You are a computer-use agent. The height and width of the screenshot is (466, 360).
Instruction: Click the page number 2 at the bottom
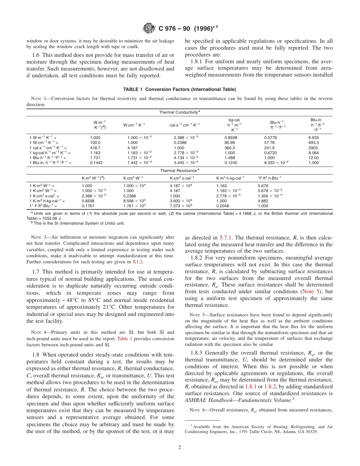(x=180, y=447)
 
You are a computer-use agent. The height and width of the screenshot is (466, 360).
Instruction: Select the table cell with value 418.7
(x=95, y=148)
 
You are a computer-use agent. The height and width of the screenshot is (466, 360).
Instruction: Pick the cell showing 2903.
(x=314, y=148)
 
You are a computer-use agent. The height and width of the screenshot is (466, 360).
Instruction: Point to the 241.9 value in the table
(x=269, y=148)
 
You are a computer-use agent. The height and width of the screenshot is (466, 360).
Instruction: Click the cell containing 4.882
(x=263, y=201)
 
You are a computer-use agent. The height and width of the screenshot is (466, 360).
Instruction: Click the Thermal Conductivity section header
(x=179, y=113)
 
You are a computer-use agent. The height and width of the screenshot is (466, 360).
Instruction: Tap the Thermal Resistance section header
(x=179, y=170)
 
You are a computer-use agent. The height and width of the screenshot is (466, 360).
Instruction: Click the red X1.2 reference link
(x=138, y=262)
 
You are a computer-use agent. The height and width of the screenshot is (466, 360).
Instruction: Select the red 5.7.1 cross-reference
(x=226, y=238)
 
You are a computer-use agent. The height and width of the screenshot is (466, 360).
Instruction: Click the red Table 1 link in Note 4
(x=125, y=338)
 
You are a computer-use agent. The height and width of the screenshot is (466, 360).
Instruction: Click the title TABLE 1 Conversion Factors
(x=179, y=89)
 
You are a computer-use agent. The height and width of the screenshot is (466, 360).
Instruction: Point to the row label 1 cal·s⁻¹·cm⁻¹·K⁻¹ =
(x=48, y=148)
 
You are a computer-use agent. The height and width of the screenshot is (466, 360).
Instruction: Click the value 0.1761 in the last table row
(x=87, y=206)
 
